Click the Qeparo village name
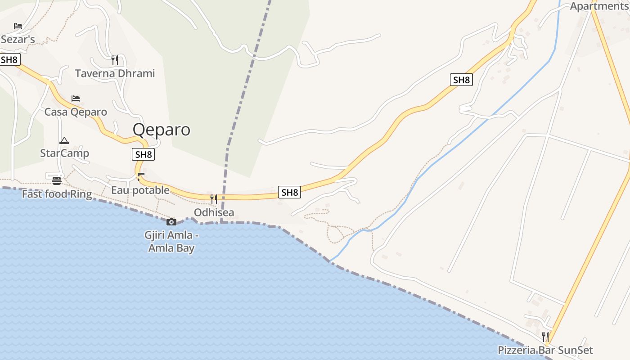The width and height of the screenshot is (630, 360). point(161,130)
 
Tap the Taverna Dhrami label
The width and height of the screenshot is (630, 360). point(115,73)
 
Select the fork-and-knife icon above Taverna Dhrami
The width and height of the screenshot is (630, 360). point(115,59)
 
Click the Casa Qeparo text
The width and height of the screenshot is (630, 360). point(76,112)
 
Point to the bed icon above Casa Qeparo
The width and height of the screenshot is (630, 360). point(76,98)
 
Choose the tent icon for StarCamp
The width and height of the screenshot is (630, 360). point(64,140)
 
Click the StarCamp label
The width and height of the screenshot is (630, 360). point(64,153)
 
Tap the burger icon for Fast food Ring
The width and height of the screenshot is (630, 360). point(57,181)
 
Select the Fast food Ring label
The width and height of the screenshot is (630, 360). point(57,194)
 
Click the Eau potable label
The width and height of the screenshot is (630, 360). point(140,190)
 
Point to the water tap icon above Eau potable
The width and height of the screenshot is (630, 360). point(141,176)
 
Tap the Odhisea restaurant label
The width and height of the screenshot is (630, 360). point(214,212)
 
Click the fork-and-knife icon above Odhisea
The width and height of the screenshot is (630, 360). point(214,199)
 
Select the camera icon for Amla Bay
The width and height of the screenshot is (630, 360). point(171,222)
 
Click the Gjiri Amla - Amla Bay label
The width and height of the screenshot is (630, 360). point(171,241)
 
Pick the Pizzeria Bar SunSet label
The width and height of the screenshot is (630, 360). point(545,350)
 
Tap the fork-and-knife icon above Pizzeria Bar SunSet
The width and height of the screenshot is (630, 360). point(545,337)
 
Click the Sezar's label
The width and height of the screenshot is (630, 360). point(18,39)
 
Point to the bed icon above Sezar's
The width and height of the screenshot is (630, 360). point(18,26)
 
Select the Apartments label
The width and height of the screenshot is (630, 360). point(598,6)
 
